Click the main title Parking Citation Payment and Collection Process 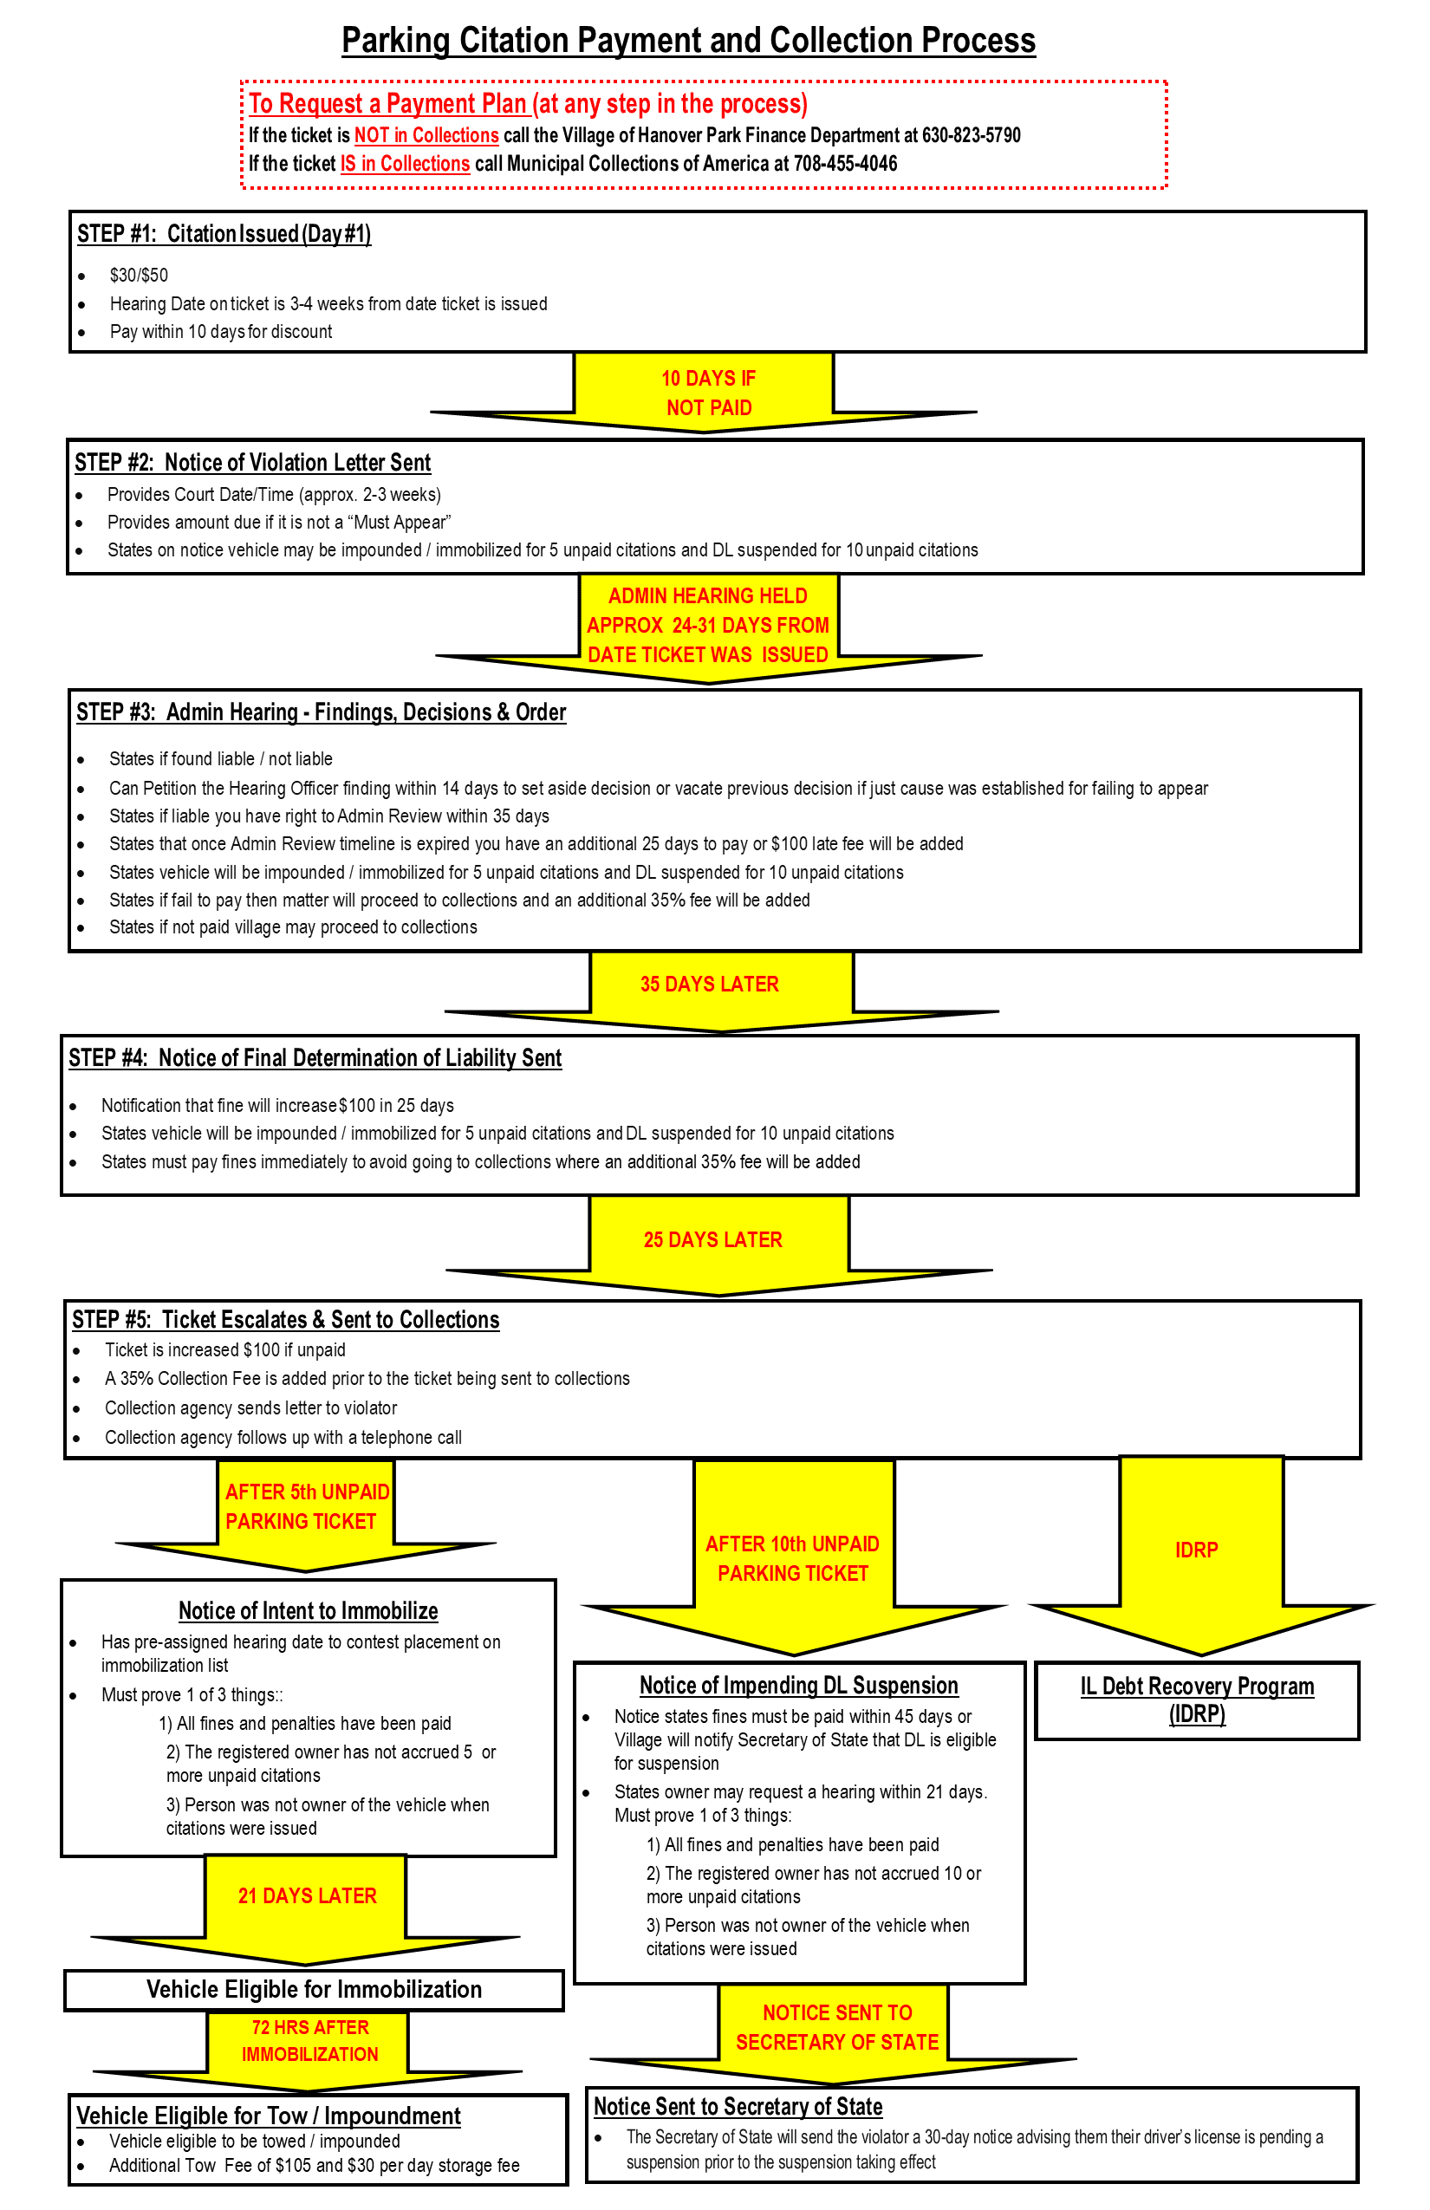point(688,41)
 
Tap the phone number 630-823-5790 point(971,135)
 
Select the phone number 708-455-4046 point(845,165)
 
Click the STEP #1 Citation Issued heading point(224,234)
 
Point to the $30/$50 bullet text point(140,275)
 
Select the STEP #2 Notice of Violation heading point(252,463)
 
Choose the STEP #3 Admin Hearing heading point(321,712)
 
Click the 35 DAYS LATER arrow point(710,985)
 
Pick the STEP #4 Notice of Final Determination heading point(315,1057)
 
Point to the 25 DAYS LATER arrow point(713,1239)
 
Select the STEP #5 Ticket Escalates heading point(286,1319)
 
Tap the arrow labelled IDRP point(1196,1550)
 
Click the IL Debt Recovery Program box point(1197,1700)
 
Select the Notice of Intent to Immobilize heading point(308,1610)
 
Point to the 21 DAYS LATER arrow point(307,1896)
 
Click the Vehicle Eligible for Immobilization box point(314,1989)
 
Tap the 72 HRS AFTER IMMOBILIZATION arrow point(309,2041)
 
